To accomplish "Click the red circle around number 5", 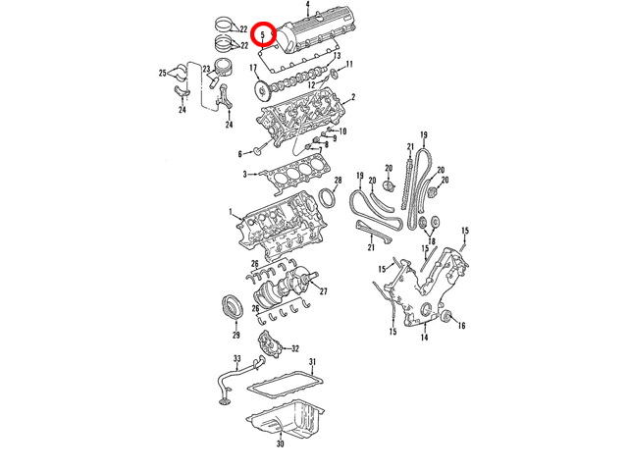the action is [263, 23].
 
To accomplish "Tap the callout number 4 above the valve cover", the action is [307, 5].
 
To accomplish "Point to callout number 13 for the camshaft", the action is [337, 56].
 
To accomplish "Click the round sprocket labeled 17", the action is [262, 91].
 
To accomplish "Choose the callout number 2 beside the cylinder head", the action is [353, 97].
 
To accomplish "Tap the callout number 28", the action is [338, 181].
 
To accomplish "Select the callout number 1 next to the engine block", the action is [231, 212].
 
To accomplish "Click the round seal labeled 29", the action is [232, 307].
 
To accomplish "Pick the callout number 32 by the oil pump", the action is [295, 349].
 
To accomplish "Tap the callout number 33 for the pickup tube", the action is [237, 358].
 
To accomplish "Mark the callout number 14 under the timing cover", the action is [424, 338].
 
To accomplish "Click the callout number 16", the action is [461, 326].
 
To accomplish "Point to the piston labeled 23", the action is [224, 69].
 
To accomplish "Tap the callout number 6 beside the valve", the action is [239, 154].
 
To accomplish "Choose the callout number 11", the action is [349, 64].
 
